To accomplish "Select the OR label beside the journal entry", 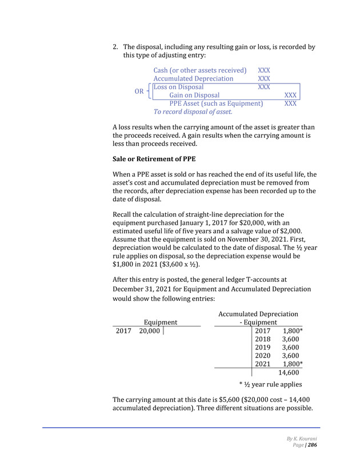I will (138, 91).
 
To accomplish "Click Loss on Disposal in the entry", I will (178, 87).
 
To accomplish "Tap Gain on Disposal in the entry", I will (194, 95).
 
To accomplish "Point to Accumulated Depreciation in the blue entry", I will (193, 78).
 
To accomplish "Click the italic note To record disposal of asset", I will (193, 112).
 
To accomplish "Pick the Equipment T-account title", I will (160, 322).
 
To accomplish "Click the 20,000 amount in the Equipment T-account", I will (149, 331).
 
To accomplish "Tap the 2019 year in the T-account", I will (263, 347).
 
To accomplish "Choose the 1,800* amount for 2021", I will (293, 364).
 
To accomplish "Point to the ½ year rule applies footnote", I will (270, 384).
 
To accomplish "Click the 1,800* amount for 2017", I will (293, 331).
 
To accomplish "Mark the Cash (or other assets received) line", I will (200, 70).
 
